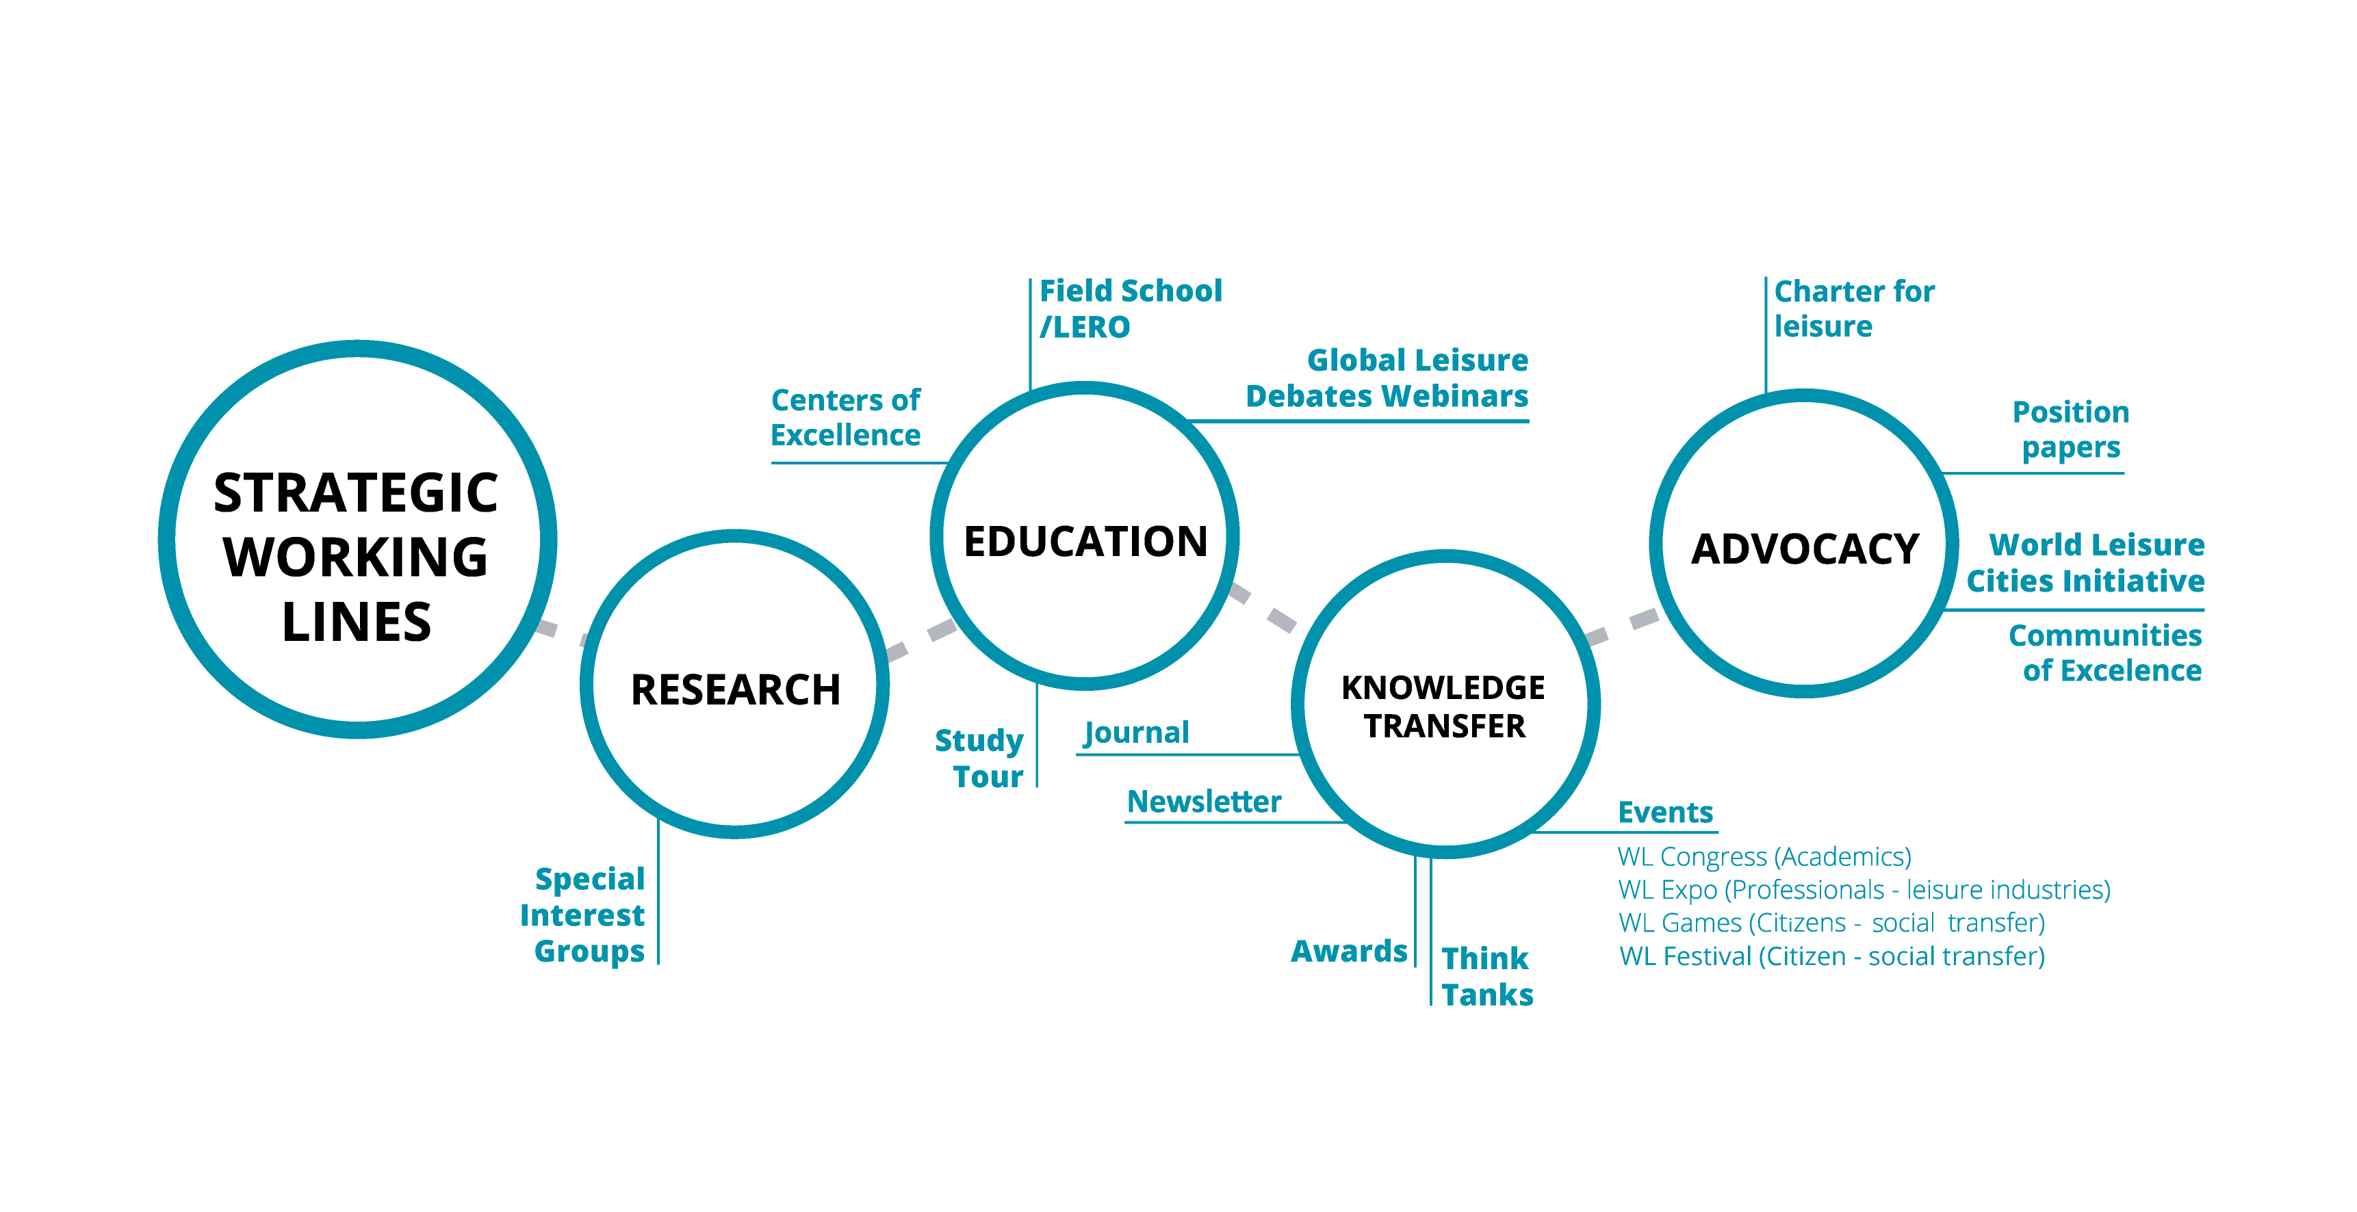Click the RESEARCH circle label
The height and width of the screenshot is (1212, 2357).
pyautogui.click(x=736, y=689)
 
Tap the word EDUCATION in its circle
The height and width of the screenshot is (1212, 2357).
pyautogui.click(x=1086, y=542)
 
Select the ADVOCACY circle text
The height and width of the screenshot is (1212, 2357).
pyautogui.click(x=1805, y=549)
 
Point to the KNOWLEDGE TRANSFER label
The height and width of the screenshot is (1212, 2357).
pyautogui.click(x=1444, y=706)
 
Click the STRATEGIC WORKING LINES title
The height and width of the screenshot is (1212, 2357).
pyautogui.click(x=356, y=557)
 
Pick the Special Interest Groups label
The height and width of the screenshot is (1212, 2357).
pyautogui.click(x=583, y=914)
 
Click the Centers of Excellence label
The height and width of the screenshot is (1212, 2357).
pyautogui.click(x=845, y=417)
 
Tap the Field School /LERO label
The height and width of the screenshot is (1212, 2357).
pyautogui.click(x=1131, y=308)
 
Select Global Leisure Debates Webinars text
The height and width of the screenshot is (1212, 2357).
pyautogui.click(x=1387, y=378)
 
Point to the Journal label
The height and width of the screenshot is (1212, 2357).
pyautogui.click(x=1136, y=733)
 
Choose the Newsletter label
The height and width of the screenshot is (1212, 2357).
pyautogui.click(x=1204, y=802)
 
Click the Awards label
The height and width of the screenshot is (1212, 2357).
pyautogui.click(x=1350, y=951)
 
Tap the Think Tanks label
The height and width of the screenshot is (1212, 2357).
pyautogui.click(x=1488, y=976)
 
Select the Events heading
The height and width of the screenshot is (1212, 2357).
pyautogui.click(x=1665, y=813)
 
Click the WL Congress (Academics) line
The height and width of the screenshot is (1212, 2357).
pyautogui.click(x=1765, y=857)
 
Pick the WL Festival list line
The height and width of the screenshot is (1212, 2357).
pyautogui.click(x=1833, y=957)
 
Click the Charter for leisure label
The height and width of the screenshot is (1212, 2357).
pyautogui.click(x=1855, y=308)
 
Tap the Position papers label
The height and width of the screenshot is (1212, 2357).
pyautogui.click(x=2072, y=430)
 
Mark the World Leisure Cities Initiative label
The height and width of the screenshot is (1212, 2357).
pyautogui.click(x=2086, y=562)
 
